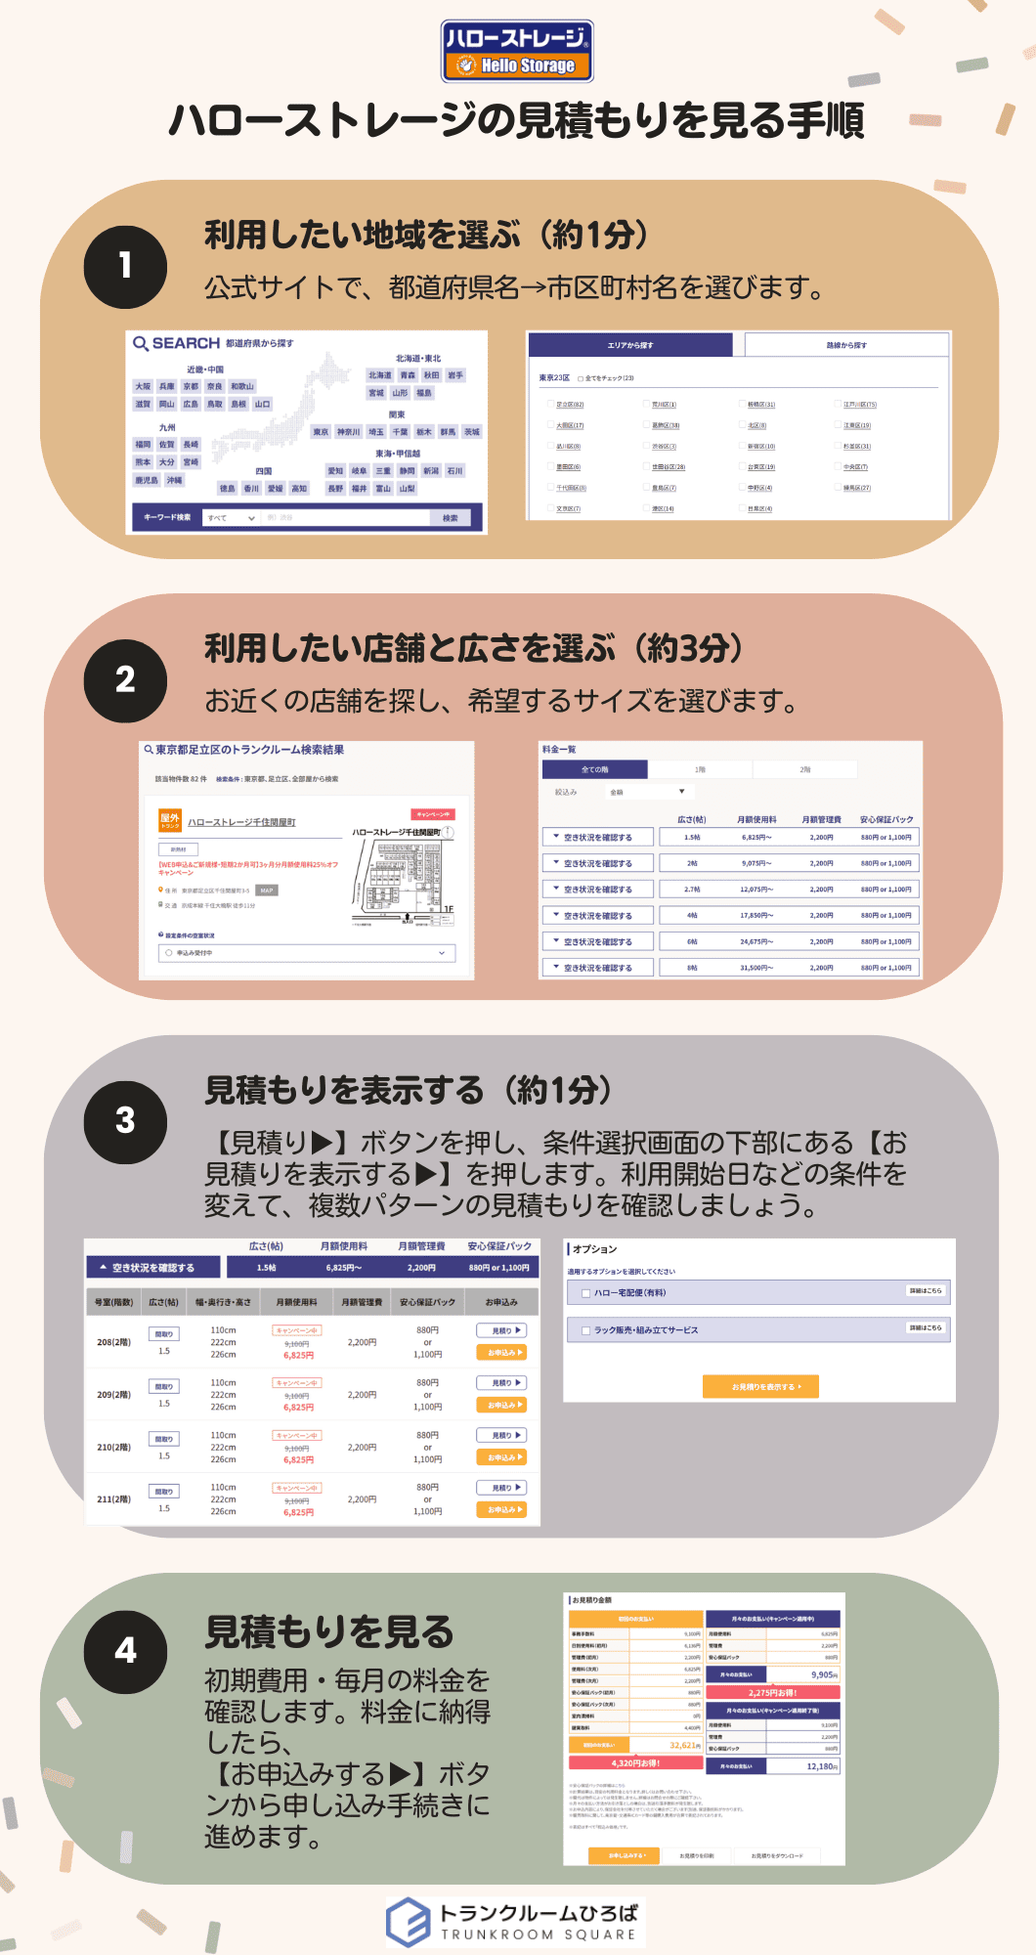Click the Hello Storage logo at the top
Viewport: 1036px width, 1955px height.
[517, 51]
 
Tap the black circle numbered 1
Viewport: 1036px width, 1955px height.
[125, 266]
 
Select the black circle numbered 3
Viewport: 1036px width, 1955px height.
[125, 1120]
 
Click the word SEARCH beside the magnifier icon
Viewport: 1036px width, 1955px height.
[186, 343]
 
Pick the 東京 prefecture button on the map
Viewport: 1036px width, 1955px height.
[321, 432]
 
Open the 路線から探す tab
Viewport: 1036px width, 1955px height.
[846, 345]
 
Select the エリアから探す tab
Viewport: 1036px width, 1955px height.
[629, 345]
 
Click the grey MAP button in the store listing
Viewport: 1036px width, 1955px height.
[267, 891]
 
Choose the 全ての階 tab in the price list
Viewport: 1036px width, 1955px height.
[594, 769]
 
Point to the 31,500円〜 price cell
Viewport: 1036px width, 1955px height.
[755, 968]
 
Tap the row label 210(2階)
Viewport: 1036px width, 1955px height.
[113, 1447]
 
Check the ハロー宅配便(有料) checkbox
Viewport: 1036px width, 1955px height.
[585, 1293]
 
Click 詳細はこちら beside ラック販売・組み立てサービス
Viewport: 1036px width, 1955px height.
[925, 1327]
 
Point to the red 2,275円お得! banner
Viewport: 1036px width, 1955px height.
[772, 1692]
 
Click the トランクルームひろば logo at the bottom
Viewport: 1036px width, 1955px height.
[516, 1922]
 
